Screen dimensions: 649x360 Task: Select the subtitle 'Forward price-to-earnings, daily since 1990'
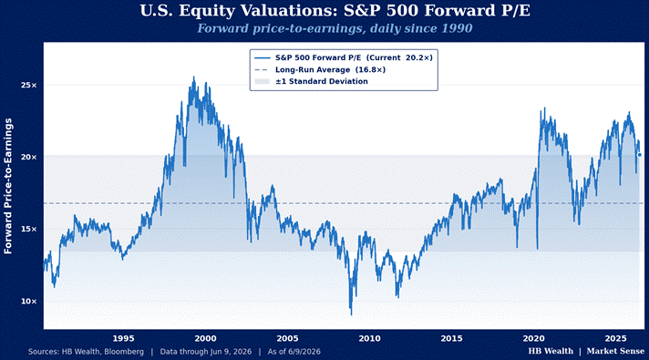[335, 28]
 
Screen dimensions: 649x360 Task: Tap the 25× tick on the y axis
[29, 86]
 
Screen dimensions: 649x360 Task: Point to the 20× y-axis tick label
[29, 158]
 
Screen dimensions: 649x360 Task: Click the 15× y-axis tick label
[29, 230]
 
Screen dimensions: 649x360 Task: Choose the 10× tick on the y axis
[29, 302]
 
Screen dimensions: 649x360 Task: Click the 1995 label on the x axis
[123, 338]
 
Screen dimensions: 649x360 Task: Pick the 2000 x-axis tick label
[205, 338]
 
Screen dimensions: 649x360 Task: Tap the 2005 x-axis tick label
[287, 338]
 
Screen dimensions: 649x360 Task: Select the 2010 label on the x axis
[369, 338]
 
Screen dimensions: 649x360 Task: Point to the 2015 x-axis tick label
[451, 338]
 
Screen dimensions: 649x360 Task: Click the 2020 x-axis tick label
[533, 338]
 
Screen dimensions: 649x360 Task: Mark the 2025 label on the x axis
[615, 338]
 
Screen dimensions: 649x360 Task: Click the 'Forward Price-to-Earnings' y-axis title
[8, 186]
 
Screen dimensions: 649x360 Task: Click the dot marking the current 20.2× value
[640, 155]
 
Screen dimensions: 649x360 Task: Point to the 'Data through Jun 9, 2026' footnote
[206, 352]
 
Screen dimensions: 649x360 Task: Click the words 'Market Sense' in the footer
[615, 351]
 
